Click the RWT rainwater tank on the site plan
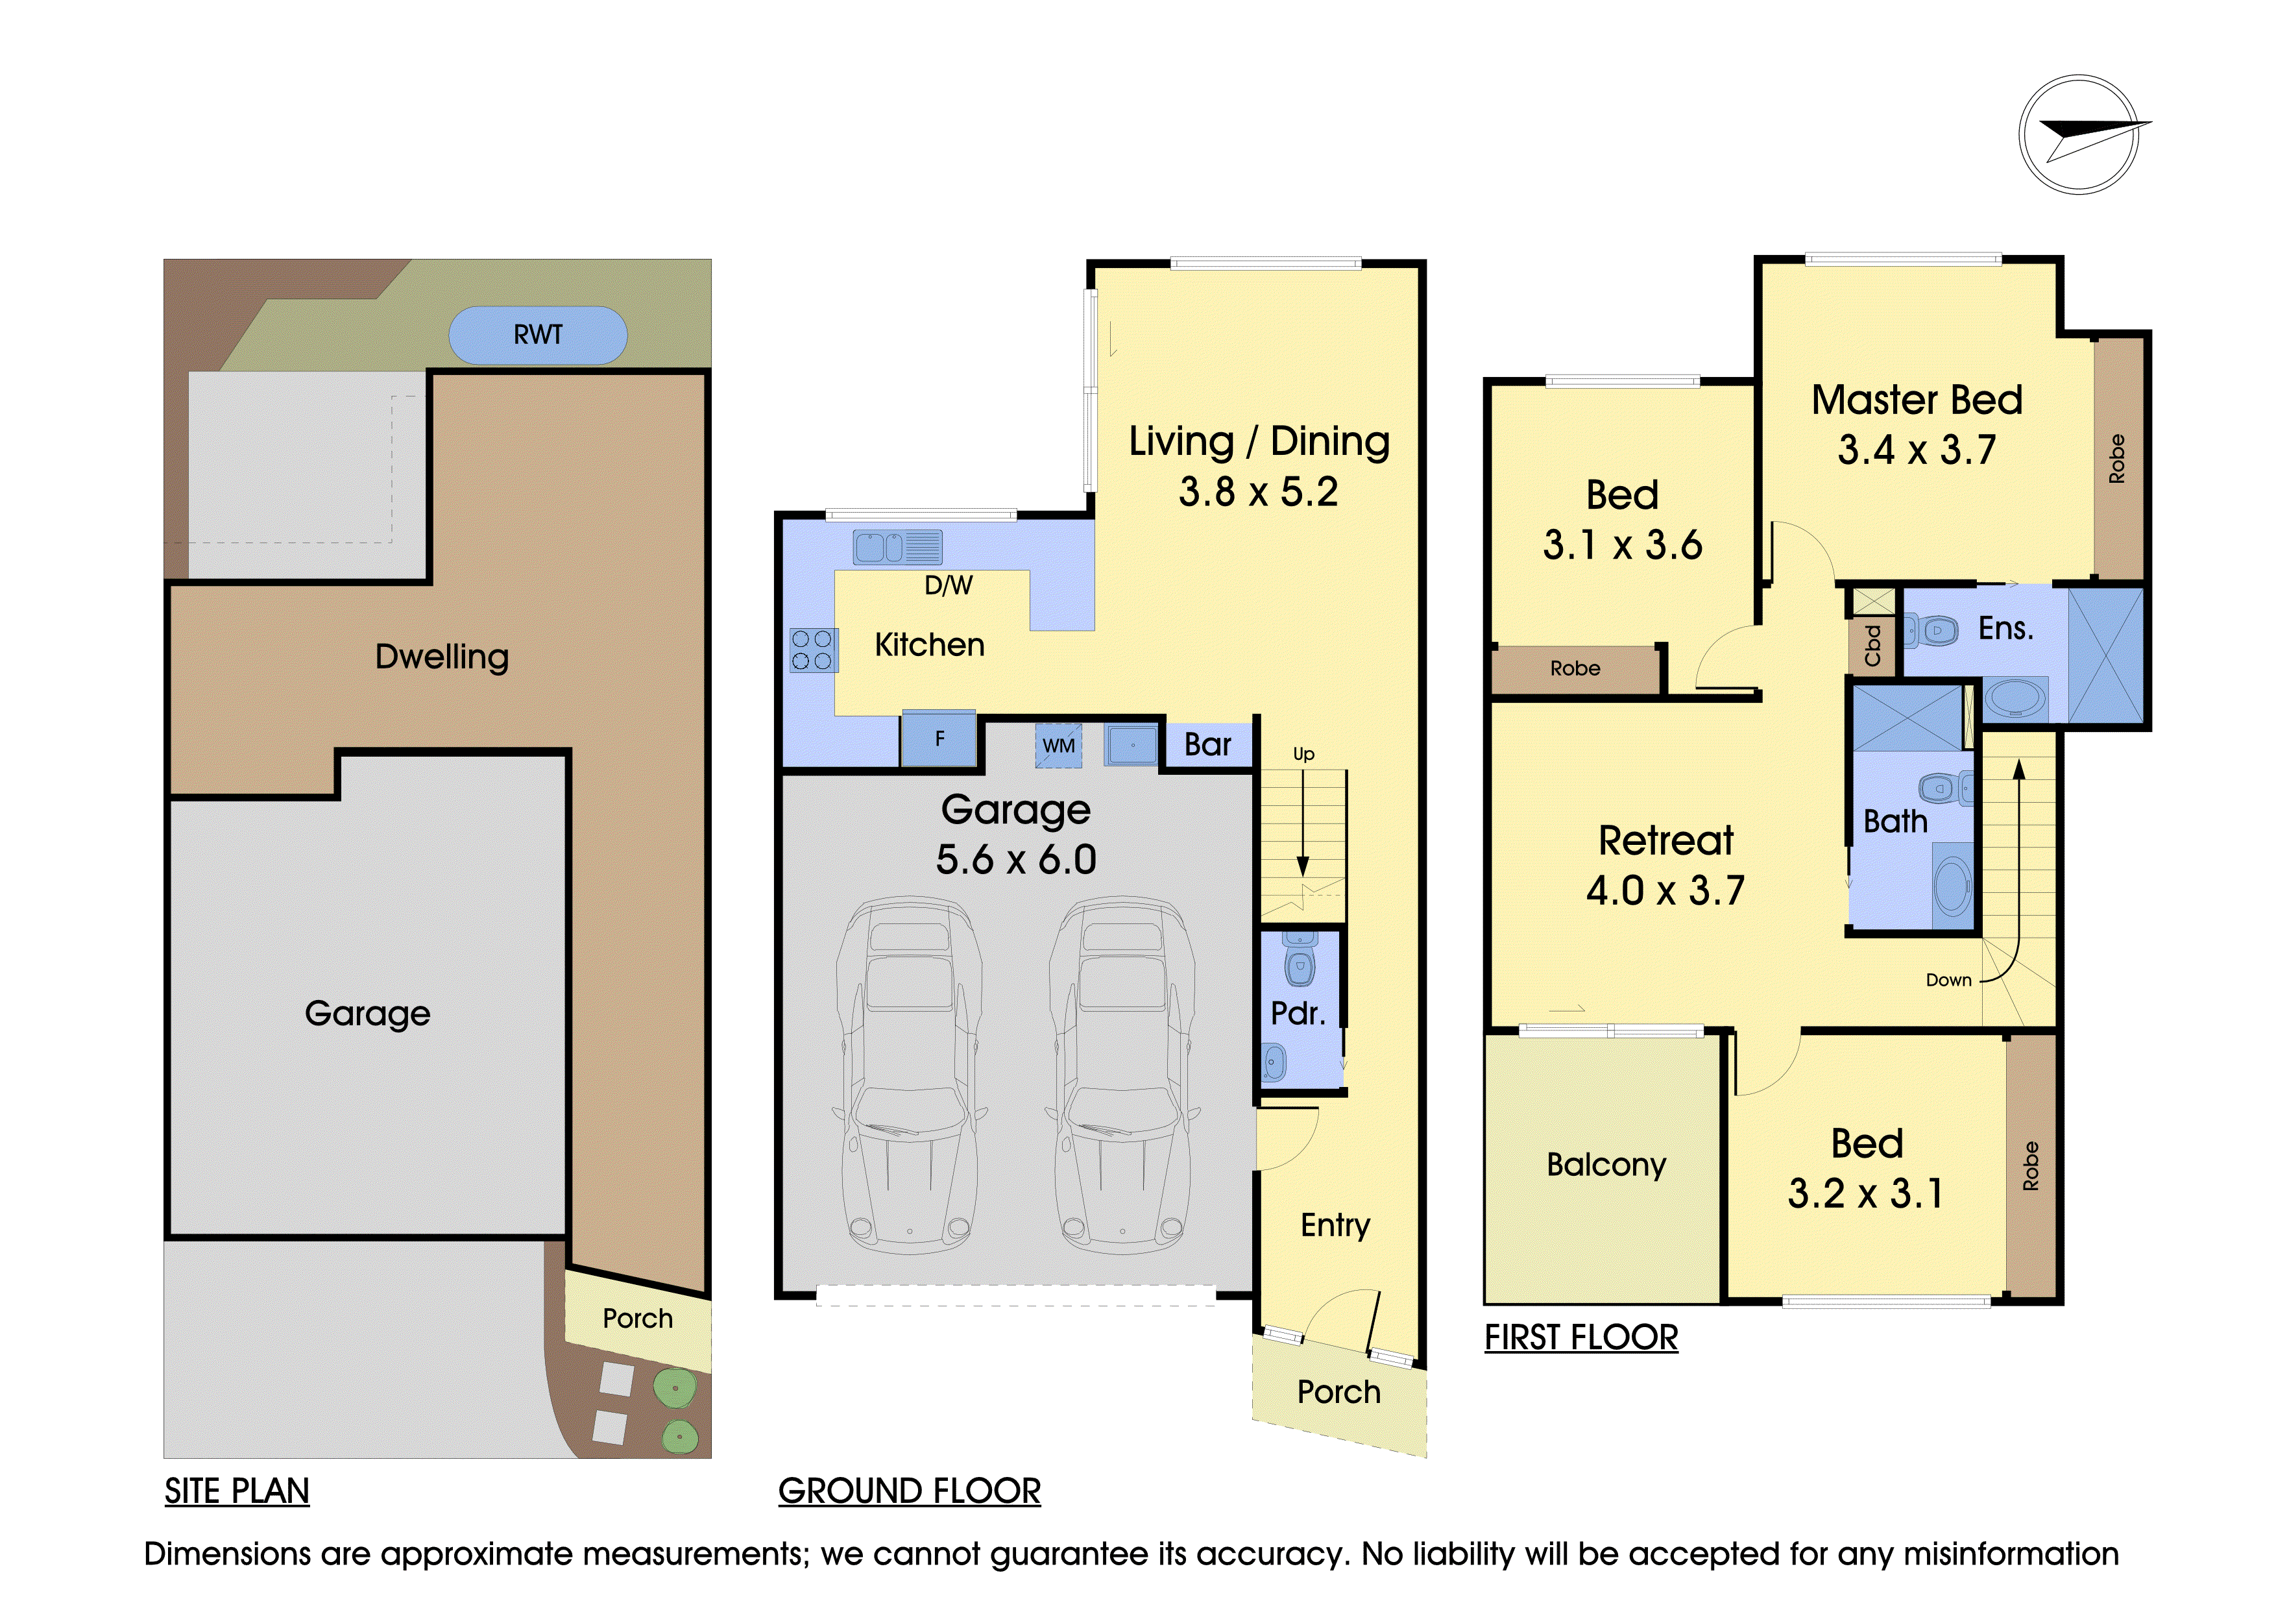(x=537, y=335)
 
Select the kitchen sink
(x=897, y=547)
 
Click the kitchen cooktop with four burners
(x=813, y=650)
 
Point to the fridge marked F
(x=939, y=738)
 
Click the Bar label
(x=1207, y=744)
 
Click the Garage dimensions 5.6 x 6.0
(x=1016, y=860)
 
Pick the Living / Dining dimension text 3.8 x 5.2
(x=1258, y=492)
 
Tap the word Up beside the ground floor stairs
(x=1303, y=755)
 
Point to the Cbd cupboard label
(x=1872, y=646)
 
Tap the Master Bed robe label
(x=2116, y=459)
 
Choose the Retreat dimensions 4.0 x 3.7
(x=1665, y=890)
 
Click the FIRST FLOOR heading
(x=1581, y=1337)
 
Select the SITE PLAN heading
(x=237, y=1491)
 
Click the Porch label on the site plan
(x=637, y=1319)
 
